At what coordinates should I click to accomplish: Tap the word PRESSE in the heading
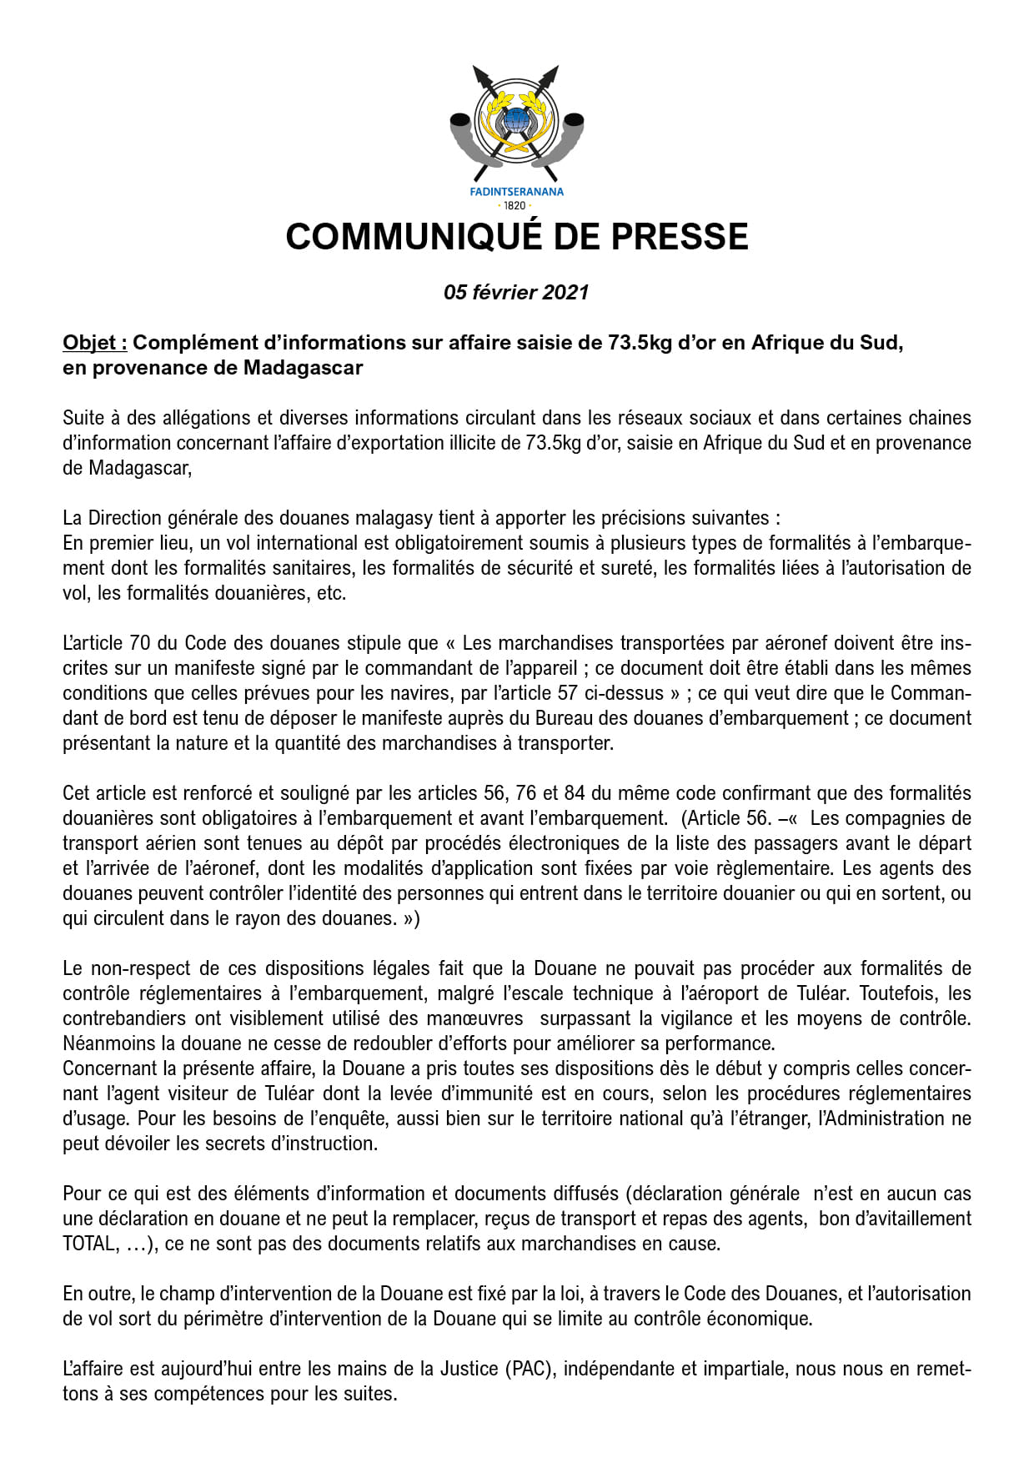coord(680,237)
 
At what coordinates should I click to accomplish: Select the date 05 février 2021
coord(516,293)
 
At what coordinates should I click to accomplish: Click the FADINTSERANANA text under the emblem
coord(516,192)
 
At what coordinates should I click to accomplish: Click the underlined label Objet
coord(94,343)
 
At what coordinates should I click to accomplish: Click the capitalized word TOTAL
coord(88,1244)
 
